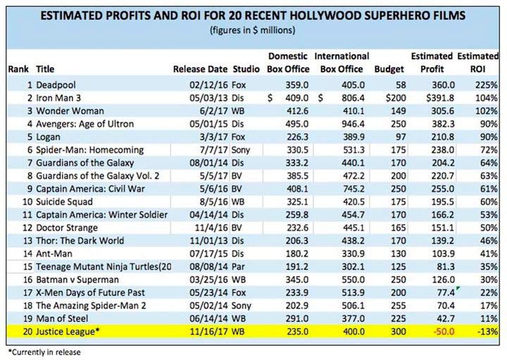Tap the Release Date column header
point(200,69)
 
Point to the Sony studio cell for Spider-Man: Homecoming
point(243,150)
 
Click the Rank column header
point(18,69)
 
